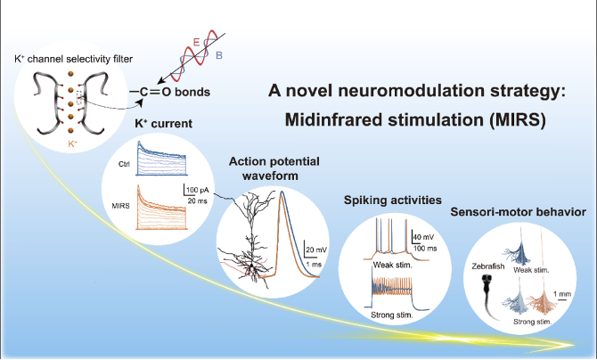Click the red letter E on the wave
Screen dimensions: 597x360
[196, 42]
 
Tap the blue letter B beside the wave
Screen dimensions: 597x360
[219, 55]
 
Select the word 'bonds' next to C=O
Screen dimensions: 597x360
[192, 92]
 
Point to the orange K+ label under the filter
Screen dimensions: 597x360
[73, 143]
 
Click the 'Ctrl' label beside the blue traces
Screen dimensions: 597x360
[124, 164]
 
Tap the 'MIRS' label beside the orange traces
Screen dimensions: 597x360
[120, 206]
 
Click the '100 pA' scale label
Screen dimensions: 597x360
[198, 190]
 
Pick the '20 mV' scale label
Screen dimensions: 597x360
[316, 250]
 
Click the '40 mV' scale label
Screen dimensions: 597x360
[424, 237]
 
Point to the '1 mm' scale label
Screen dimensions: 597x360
[562, 294]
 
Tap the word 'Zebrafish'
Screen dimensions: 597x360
[487, 266]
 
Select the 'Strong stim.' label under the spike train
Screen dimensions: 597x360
[392, 315]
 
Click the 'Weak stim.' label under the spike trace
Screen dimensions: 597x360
[393, 265]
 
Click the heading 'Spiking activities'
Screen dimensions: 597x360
[393, 200]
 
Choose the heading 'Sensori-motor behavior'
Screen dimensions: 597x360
[519, 212]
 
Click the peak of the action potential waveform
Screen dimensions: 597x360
[282, 192]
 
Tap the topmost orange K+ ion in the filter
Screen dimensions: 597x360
[70, 74]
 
